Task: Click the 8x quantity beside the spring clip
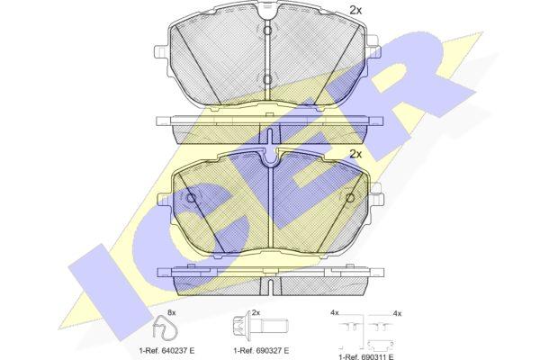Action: click(171, 313)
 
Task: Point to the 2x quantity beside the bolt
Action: click(256, 313)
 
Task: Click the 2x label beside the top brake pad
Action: click(355, 10)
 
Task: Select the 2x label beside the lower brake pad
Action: click(355, 154)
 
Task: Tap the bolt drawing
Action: click(260, 326)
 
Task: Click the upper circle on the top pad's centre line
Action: click(267, 31)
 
